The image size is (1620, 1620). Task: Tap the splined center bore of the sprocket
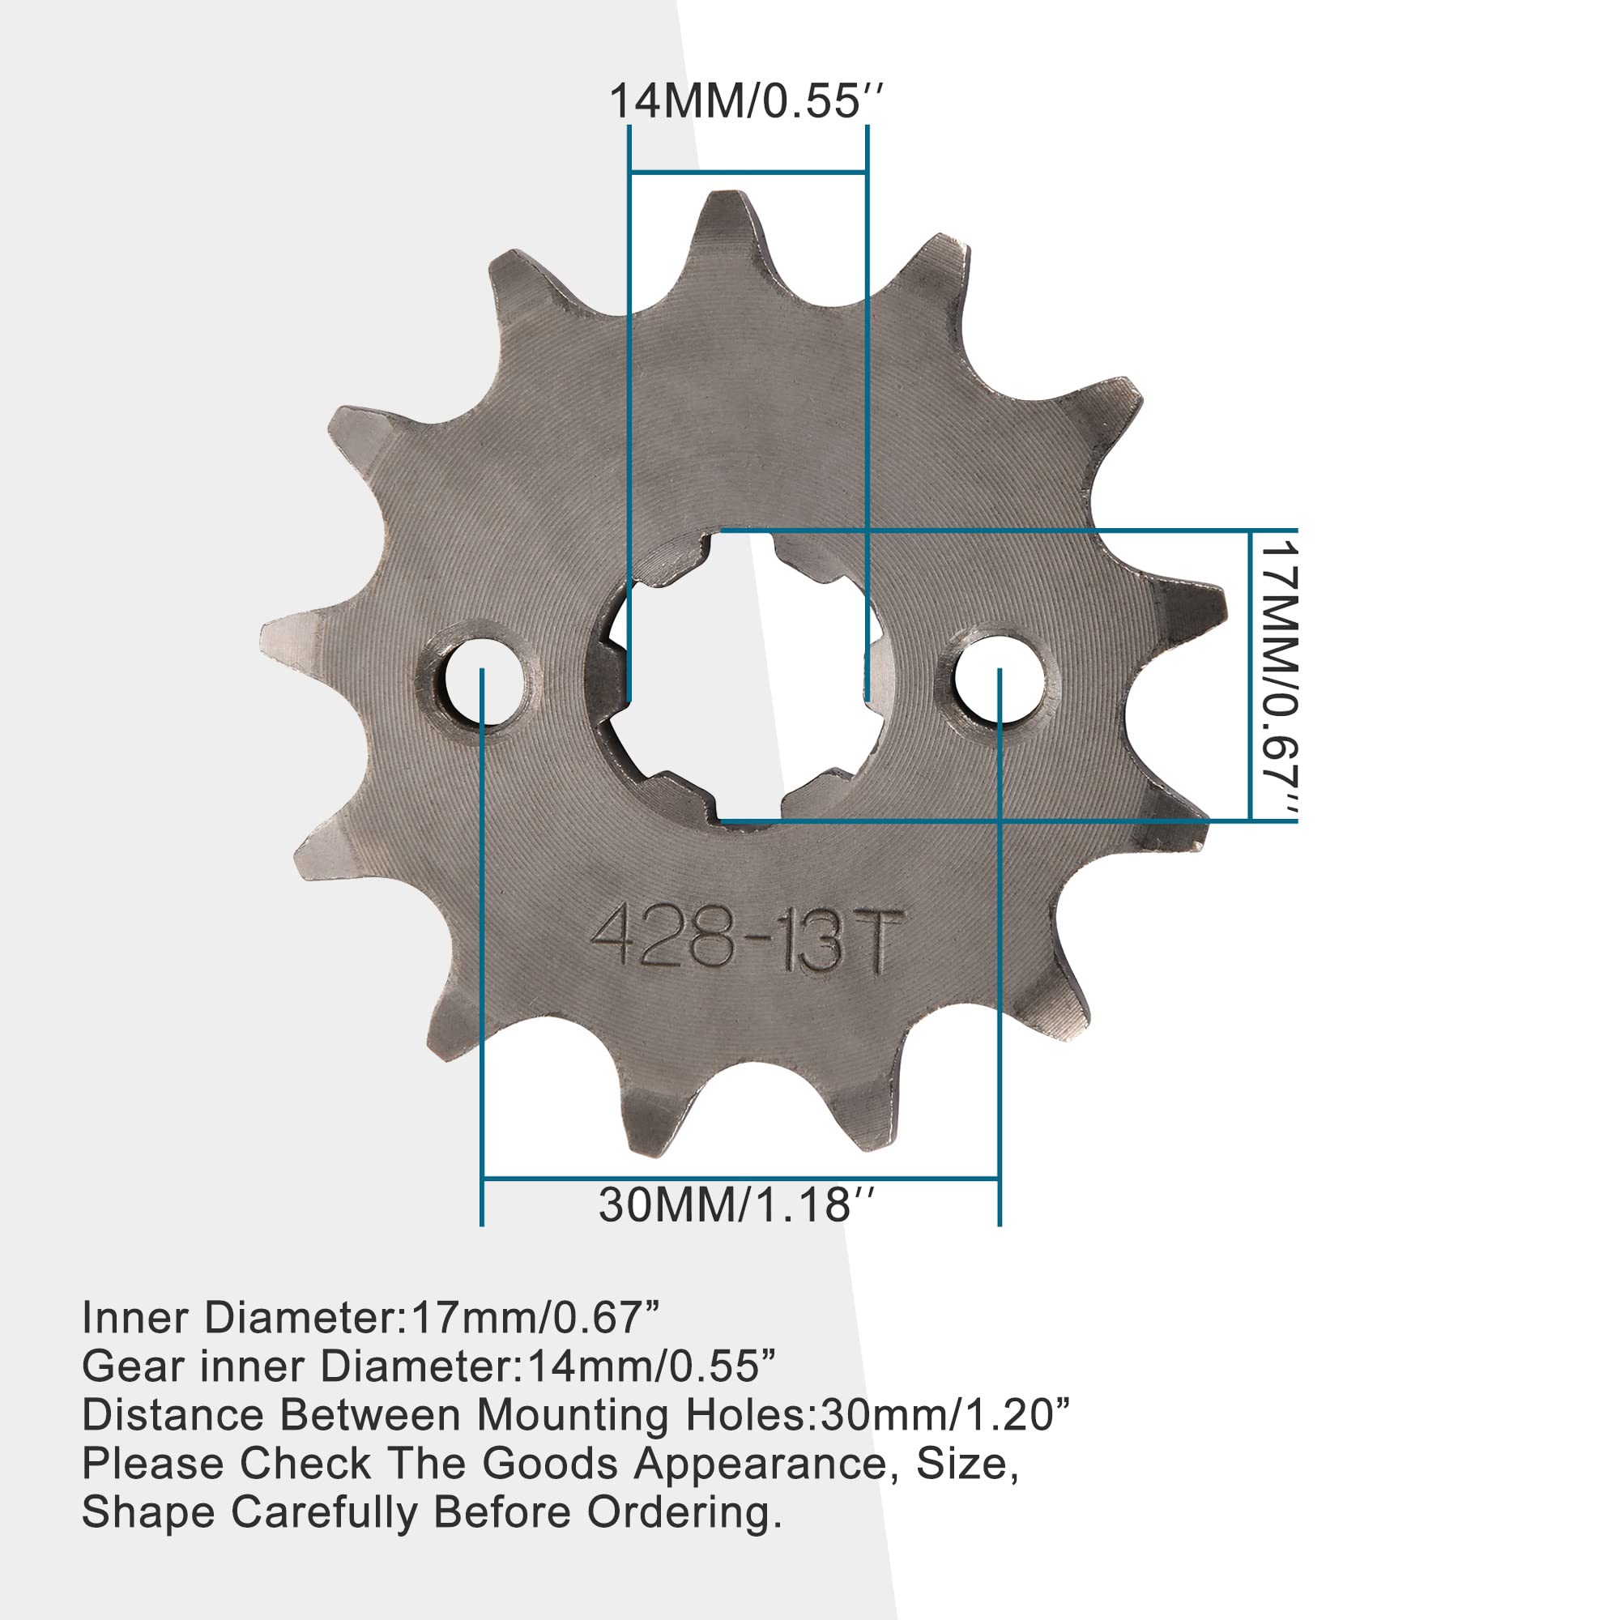pos(738,676)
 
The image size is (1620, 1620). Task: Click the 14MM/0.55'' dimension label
pos(744,101)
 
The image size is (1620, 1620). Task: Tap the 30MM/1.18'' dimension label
pos(735,1205)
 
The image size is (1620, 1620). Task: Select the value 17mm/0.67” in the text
pos(535,1318)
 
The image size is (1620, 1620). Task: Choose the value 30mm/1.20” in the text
pos(945,1415)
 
